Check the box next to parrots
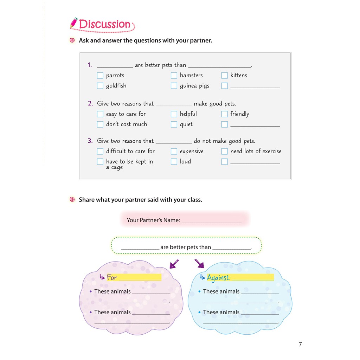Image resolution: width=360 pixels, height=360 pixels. (100, 75)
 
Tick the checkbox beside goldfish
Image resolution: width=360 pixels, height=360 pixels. (100, 86)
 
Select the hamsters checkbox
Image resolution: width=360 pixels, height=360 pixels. (174, 75)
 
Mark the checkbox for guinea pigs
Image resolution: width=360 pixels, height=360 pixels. (174, 86)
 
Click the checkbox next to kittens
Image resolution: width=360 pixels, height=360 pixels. (225, 75)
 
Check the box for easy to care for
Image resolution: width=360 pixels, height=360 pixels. (100, 114)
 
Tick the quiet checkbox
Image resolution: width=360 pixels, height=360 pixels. (174, 124)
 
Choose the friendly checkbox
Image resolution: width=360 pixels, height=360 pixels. (225, 114)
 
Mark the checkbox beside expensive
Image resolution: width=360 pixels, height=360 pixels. (174, 152)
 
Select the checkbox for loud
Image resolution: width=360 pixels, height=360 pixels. (174, 162)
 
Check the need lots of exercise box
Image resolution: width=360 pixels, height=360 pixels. (225, 152)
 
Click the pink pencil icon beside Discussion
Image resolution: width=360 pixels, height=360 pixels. (74, 23)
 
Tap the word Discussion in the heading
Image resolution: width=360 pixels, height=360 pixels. (105, 24)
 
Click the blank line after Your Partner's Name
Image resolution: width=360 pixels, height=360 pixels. (212, 221)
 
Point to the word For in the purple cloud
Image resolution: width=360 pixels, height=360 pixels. (112, 277)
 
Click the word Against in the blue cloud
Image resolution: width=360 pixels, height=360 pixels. (218, 278)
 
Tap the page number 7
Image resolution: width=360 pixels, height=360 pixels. (300, 344)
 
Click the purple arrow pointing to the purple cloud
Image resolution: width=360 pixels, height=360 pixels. (174, 263)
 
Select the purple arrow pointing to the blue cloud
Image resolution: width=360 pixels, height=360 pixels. (199, 263)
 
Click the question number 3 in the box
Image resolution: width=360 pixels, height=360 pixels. (90, 141)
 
